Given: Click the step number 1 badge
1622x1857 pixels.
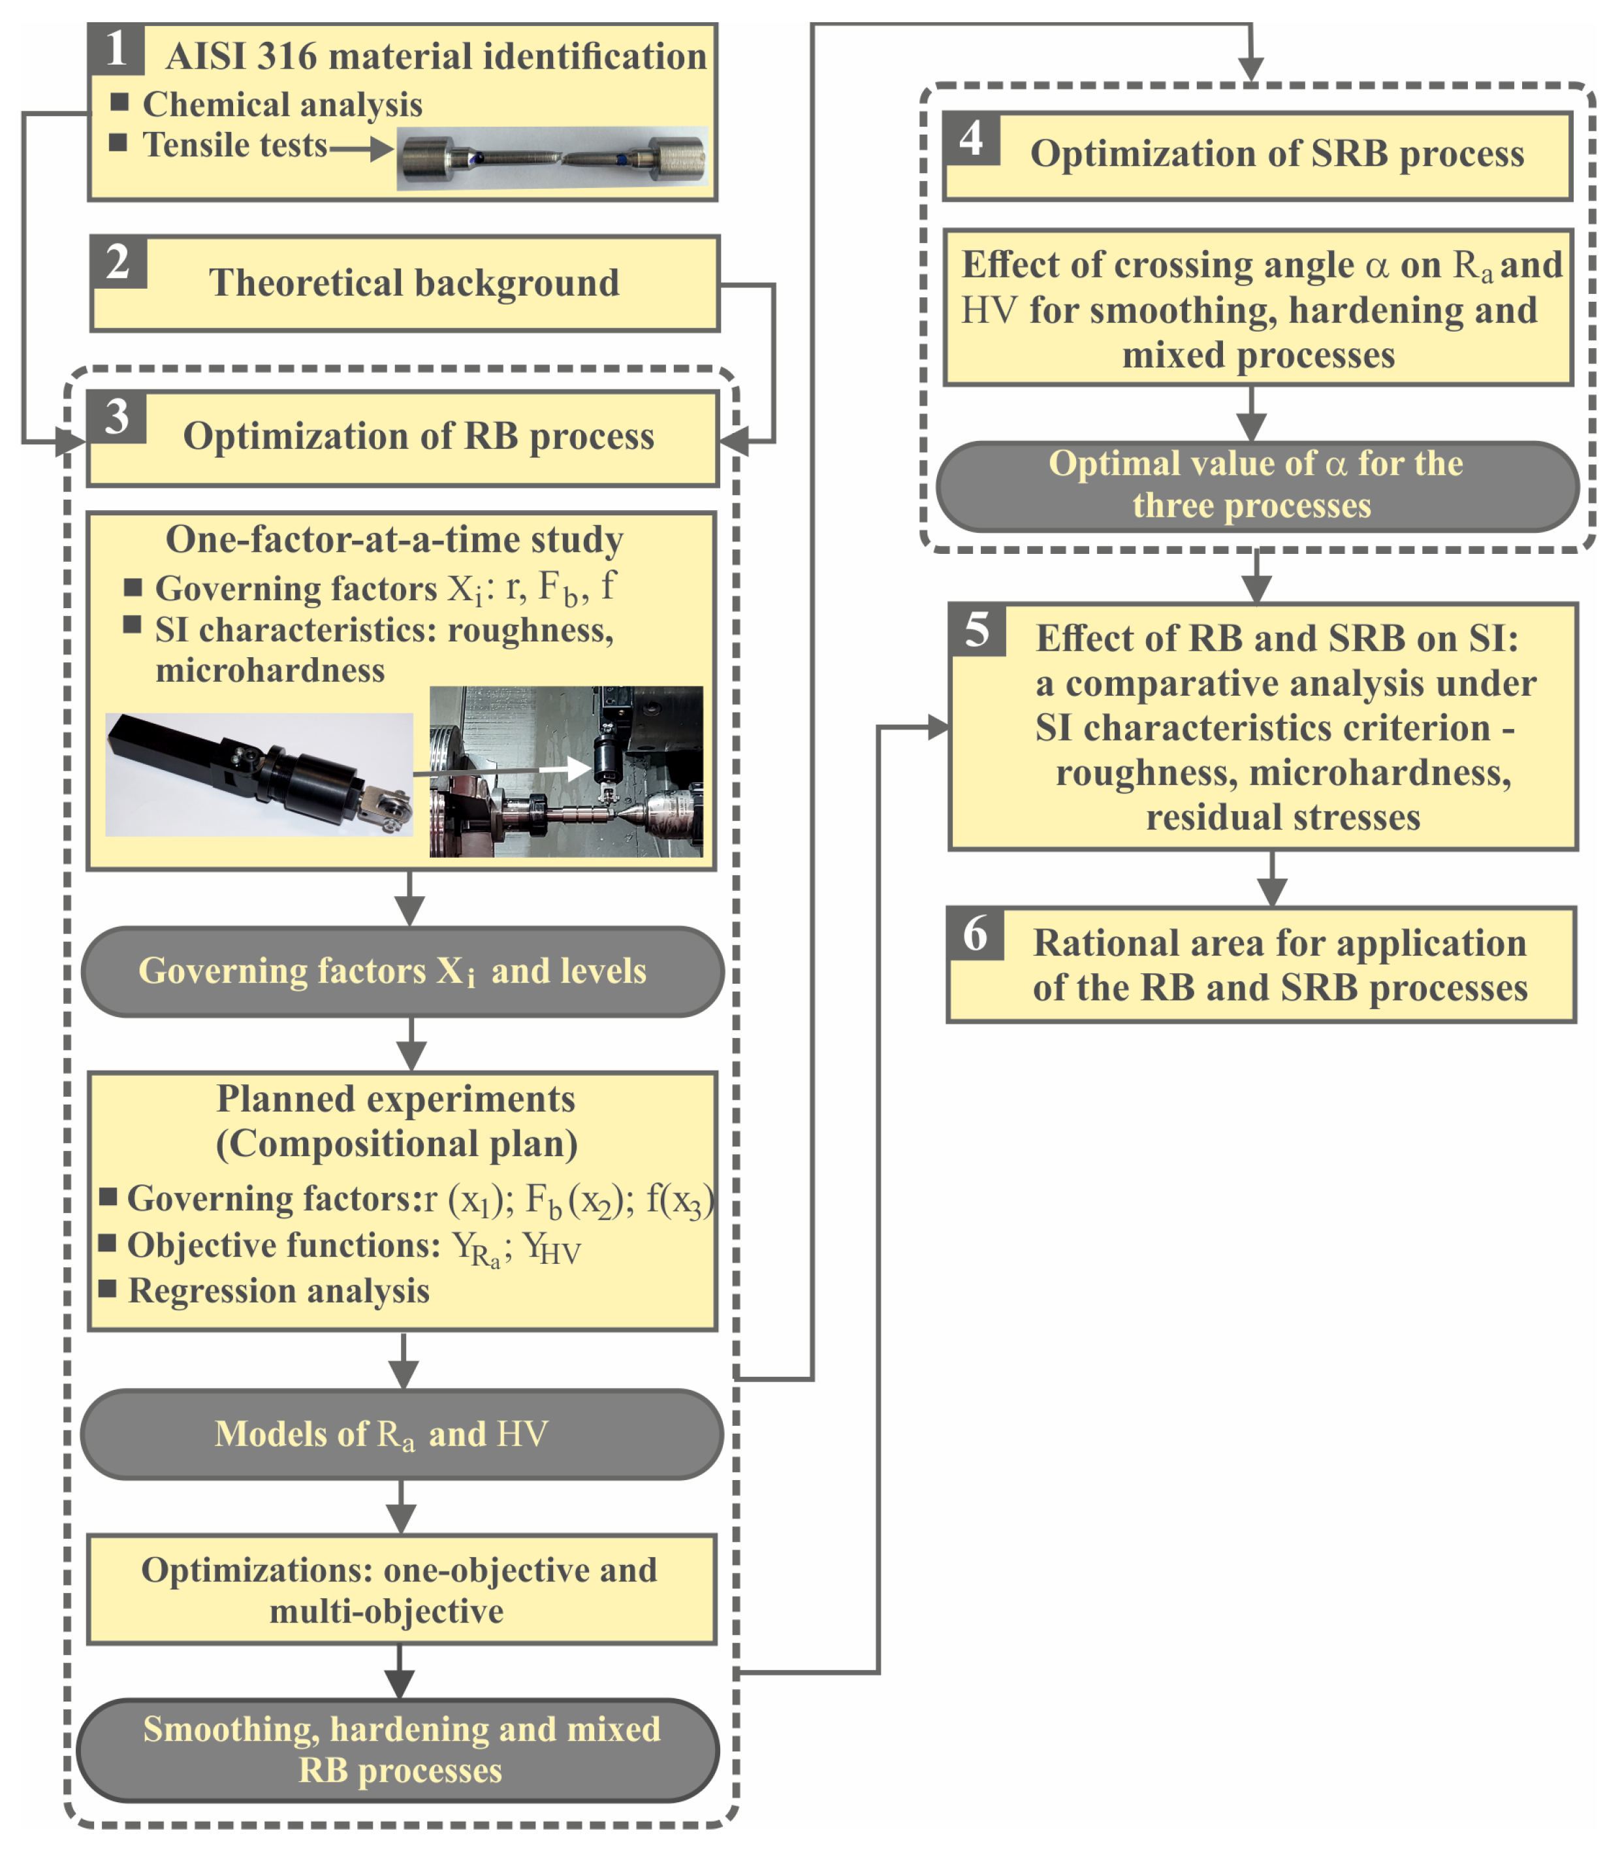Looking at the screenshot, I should tap(116, 49).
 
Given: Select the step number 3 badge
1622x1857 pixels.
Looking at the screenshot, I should tap(117, 417).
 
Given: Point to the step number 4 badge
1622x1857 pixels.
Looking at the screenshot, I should tap(971, 138).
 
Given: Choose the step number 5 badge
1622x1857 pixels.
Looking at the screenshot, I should tap(977, 630).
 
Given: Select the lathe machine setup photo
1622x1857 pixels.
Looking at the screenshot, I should tap(565, 771).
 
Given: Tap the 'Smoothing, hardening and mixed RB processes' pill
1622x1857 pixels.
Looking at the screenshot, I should tap(398, 1750).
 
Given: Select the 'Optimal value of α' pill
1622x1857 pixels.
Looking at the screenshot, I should tap(1256, 485).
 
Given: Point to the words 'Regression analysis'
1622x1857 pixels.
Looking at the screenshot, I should tap(279, 1291).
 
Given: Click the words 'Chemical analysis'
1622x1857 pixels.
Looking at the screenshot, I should tap(282, 105).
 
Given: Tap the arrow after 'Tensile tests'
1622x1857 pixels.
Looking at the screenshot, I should tap(361, 148).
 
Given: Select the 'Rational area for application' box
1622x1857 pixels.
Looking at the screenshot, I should tap(1261, 965).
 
